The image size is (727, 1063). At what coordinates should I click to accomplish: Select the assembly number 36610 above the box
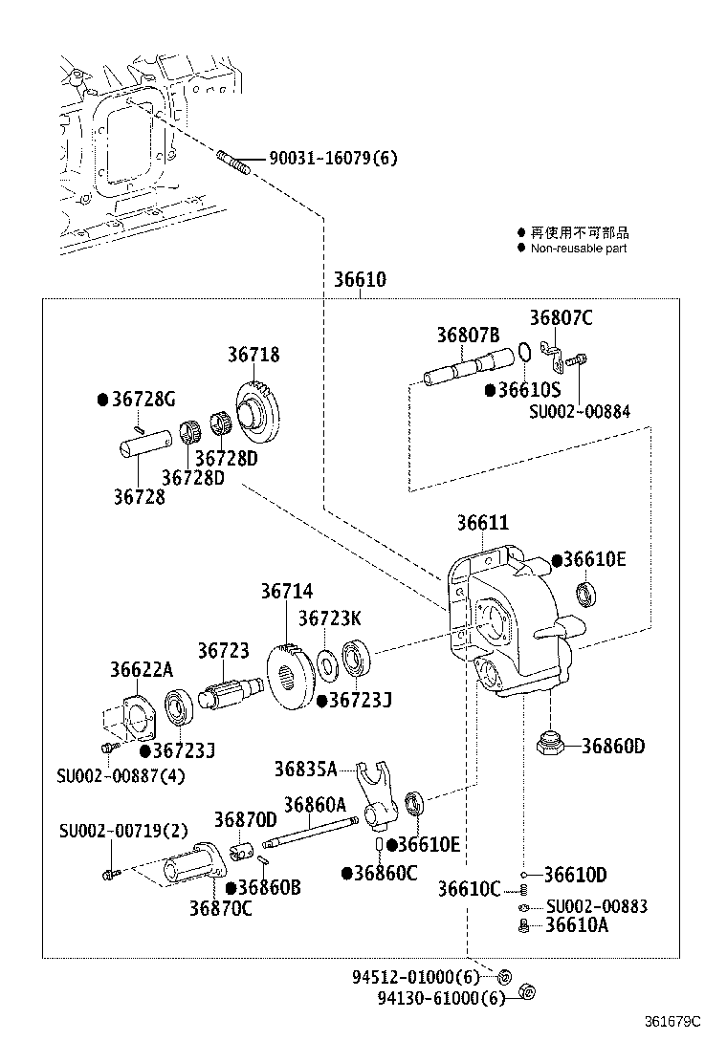pos(360,281)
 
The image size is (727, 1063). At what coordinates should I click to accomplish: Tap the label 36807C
pos(561,318)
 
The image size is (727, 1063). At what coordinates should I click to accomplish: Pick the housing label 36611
pos(482,523)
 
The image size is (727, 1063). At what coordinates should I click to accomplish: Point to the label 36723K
pos(329,618)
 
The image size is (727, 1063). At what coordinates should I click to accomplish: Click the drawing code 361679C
pos(671,1021)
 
